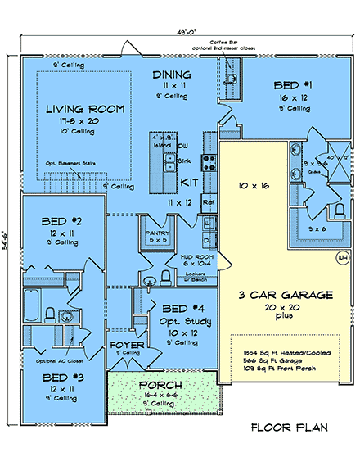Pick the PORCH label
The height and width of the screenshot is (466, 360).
click(x=160, y=385)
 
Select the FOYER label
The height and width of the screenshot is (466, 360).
click(x=127, y=346)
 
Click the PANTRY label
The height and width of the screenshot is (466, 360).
click(x=155, y=233)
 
